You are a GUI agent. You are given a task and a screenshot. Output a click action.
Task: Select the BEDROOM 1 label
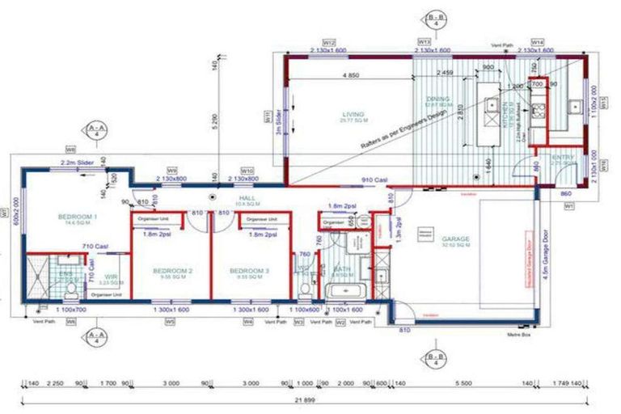[x=78, y=217]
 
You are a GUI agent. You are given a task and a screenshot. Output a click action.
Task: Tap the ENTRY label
[x=561, y=158]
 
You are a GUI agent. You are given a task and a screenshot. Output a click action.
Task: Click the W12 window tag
[x=330, y=41]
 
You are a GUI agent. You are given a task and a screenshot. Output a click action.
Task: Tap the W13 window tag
[x=424, y=41]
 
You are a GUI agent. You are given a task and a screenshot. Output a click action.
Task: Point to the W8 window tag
[x=71, y=150]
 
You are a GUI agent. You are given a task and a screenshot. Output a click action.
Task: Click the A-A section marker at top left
[x=95, y=129]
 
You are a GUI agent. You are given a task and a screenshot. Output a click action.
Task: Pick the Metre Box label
[x=517, y=333]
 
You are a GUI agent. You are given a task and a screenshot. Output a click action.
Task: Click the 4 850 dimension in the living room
[x=349, y=76]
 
